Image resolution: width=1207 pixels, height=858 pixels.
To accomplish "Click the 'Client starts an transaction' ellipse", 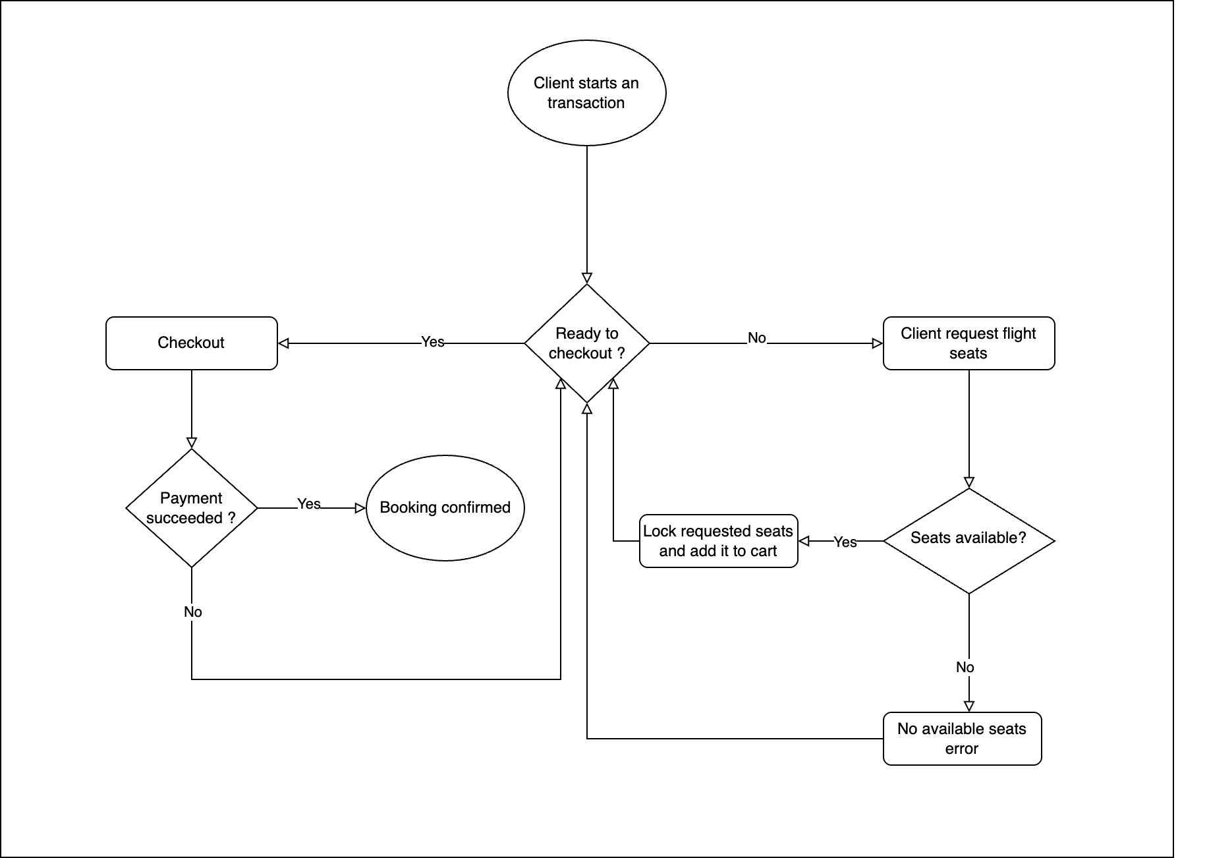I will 586,93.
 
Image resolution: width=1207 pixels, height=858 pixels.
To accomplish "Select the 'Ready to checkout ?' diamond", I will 586,343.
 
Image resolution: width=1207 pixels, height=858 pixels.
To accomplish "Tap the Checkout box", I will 191,343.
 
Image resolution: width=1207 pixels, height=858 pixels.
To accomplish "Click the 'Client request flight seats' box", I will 968,343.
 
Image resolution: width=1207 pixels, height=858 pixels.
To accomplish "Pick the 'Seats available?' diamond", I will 968,540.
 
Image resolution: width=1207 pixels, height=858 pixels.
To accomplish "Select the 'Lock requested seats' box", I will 718,541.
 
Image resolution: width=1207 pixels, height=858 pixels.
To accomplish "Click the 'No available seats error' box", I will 961,738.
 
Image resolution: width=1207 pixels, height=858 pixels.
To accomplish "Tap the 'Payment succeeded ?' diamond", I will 191,508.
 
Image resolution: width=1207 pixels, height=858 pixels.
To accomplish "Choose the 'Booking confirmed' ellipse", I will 445,508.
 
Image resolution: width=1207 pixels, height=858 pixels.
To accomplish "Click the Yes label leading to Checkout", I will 433,342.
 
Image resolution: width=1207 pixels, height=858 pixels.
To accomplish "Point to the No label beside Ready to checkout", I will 756,338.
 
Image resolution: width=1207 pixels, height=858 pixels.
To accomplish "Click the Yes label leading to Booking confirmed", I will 309,504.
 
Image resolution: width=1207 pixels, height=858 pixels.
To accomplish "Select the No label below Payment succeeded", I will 192,612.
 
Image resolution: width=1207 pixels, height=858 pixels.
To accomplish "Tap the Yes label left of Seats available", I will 845,542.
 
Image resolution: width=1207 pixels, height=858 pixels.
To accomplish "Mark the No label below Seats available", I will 965,668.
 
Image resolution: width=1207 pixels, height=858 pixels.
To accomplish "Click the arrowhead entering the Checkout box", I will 283,343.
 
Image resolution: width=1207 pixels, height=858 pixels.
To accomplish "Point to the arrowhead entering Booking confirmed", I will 360,508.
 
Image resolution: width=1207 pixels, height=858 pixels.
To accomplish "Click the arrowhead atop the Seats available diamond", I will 968,482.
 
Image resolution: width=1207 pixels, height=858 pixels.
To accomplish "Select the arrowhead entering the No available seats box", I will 968,706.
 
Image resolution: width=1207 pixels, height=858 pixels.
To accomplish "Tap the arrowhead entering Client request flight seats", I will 877,343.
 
